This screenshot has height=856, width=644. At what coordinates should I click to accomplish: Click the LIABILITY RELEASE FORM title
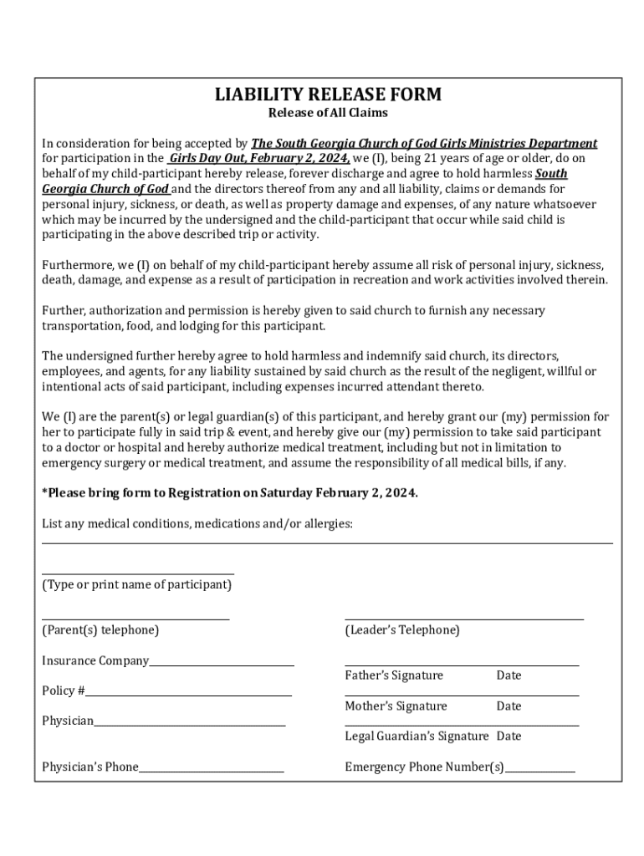pyautogui.click(x=328, y=94)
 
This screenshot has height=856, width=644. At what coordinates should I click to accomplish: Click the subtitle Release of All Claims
pyautogui.click(x=328, y=113)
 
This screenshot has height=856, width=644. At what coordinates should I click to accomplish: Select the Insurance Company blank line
pyautogui.click(x=222, y=665)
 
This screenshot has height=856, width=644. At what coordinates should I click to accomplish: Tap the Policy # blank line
pyautogui.click(x=188, y=695)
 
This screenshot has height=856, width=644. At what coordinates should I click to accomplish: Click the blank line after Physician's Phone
pyautogui.click(x=212, y=771)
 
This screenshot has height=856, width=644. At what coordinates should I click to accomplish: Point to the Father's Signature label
pyautogui.click(x=394, y=675)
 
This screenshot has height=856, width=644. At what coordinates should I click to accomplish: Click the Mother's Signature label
pyautogui.click(x=396, y=706)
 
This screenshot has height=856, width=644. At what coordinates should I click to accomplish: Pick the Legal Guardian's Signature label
pyautogui.click(x=417, y=736)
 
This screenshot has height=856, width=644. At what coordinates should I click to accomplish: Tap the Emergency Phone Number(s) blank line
pyautogui.click(x=539, y=771)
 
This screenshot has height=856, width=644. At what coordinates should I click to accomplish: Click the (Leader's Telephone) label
pyautogui.click(x=402, y=630)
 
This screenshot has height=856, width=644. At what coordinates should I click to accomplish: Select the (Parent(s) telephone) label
pyautogui.click(x=100, y=630)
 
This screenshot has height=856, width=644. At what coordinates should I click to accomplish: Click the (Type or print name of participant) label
pyautogui.click(x=137, y=585)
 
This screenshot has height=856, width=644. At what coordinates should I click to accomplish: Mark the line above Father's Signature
pyautogui.click(x=462, y=665)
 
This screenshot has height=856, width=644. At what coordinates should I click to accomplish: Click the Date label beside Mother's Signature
pyautogui.click(x=509, y=706)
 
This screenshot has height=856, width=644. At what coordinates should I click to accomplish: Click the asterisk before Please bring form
pyautogui.click(x=44, y=492)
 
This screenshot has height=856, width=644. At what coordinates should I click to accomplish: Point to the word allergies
pyautogui.click(x=327, y=524)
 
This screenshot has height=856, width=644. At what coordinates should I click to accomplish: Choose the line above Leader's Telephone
pyautogui.click(x=464, y=619)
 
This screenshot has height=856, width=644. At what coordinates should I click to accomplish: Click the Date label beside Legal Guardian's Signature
pyautogui.click(x=509, y=736)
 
